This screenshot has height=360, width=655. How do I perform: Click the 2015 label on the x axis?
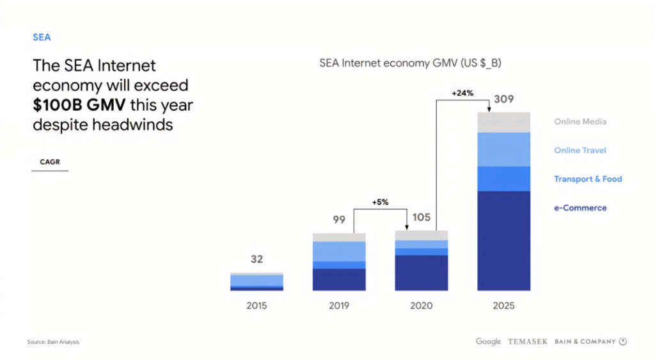256,306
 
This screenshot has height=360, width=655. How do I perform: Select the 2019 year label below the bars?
339,306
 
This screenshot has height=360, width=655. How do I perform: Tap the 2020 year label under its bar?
421,306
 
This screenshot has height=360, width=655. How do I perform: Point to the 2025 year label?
503,306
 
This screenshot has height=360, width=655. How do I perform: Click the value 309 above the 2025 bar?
503,100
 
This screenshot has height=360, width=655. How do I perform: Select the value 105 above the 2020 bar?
421,217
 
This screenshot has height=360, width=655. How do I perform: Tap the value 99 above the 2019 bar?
339,220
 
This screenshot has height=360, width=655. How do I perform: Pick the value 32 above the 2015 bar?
256,260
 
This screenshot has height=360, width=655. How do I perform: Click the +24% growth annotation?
462,93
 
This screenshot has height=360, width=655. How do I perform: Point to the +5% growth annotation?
380,202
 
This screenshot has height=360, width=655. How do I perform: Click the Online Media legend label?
580,121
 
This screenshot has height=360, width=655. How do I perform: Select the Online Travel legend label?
580,150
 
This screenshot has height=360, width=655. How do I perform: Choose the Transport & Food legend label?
588,179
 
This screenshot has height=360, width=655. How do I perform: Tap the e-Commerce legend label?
580,208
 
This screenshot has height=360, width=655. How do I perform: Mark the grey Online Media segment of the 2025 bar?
503,122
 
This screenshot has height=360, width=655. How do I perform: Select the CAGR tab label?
50,162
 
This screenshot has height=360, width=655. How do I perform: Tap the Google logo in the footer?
488,341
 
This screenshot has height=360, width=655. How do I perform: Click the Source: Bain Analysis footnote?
53,342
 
